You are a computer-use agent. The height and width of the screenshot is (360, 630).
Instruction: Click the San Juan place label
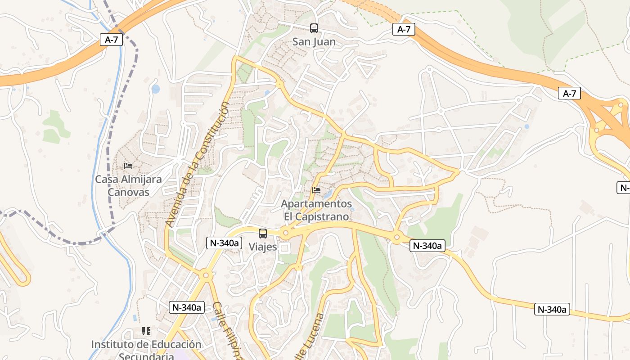click(x=314, y=42)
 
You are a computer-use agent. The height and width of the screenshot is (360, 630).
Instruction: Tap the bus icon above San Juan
click(x=314, y=28)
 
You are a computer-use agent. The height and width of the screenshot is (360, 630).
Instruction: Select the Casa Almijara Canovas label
click(x=128, y=185)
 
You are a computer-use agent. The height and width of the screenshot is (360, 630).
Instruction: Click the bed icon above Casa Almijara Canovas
click(x=128, y=166)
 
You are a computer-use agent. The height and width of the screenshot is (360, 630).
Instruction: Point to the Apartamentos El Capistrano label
click(x=316, y=210)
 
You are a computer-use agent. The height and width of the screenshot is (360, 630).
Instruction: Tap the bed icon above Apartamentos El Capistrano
click(x=316, y=190)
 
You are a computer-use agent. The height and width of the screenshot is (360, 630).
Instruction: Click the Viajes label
click(x=263, y=247)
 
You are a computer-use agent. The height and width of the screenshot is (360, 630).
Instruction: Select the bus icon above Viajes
click(x=263, y=234)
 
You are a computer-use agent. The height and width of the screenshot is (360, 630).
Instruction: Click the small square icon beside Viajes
click(x=284, y=248)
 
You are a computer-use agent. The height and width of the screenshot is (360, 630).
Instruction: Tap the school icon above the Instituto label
click(x=146, y=331)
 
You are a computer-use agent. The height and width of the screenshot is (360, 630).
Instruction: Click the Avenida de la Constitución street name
click(x=197, y=164)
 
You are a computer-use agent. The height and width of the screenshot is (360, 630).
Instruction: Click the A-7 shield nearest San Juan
click(x=404, y=30)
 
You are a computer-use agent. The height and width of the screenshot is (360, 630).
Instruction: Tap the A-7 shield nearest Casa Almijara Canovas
click(x=111, y=40)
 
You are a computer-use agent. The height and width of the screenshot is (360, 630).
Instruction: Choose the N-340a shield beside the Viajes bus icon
click(x=224, y=243)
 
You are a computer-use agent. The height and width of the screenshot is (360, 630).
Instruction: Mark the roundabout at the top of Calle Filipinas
click(x=206, y=274)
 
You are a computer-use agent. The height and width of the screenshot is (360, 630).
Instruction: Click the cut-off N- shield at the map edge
click(x=623, y=188)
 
